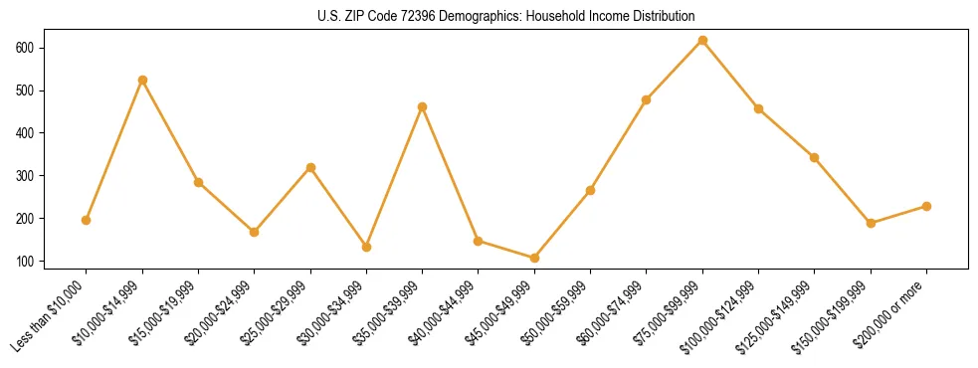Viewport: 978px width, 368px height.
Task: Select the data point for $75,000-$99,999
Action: click(x=702, y=41)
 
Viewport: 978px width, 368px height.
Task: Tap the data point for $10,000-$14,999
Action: click(x=142, y=80)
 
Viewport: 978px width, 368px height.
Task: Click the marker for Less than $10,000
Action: click(x=87, y=220)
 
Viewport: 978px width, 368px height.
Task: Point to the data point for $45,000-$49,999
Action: click(x=534, y=258)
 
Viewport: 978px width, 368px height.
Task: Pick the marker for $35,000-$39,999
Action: click(x=423, y=106)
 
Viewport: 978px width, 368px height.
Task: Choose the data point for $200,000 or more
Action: click(x=926, y=206)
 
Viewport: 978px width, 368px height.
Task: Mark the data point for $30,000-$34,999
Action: click(x=366, y=247)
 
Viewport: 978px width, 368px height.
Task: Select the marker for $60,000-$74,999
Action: click(x=647, y=99)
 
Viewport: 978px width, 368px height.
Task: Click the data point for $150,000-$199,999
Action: click(x=871, y=223)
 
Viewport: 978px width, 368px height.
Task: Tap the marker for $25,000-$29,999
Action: click(x=310, y=167)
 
